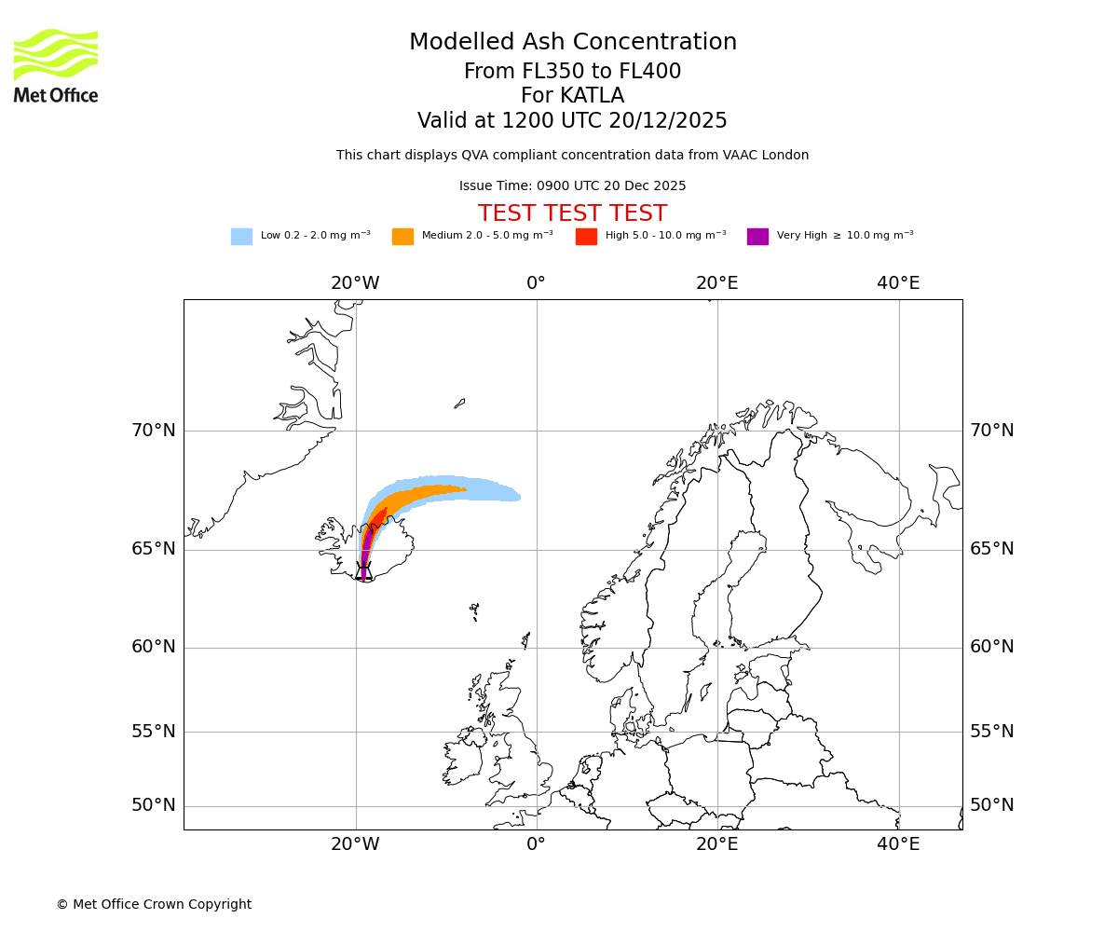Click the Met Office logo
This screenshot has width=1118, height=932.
pos(56,65)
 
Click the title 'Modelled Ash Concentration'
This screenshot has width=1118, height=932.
pos(572,43)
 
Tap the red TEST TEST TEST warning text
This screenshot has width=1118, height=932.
pos(572,214)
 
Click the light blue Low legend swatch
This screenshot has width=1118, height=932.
pos(241,237)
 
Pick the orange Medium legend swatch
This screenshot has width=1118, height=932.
pos(402,237)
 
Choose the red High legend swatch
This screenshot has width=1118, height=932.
pos(586,237)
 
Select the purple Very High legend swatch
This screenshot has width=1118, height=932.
pos(757,237)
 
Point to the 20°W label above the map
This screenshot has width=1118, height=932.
pos(355,283)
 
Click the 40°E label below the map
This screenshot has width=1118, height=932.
pos(898,844)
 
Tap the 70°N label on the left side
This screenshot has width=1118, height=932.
pos(153,431)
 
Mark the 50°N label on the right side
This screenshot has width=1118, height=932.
pos(991,805)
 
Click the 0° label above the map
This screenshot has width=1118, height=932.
pos(536,283)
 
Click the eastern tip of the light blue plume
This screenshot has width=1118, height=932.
pos(518,497)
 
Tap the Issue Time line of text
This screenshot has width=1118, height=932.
pos(572,186)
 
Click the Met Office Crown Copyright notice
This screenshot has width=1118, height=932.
pos(154,904)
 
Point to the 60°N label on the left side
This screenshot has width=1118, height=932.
pos(153,647)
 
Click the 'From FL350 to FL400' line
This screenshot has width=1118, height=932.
pos(572,72)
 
